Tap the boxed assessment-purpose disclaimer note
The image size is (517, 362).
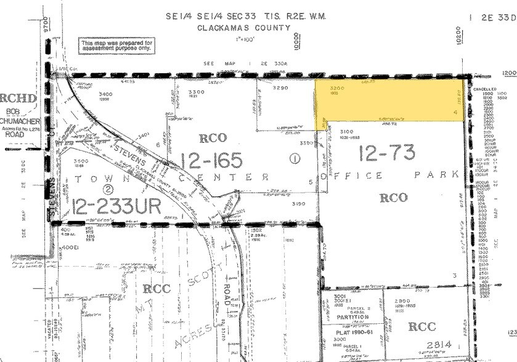coord(115,45)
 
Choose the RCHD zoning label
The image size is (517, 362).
coord(14,99)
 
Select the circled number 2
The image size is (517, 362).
coord(108,188)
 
